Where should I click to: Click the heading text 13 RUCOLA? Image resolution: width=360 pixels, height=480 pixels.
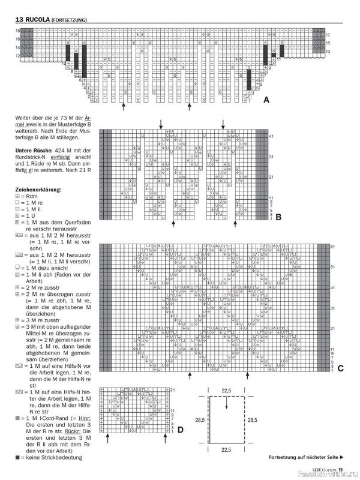tap(25, 20)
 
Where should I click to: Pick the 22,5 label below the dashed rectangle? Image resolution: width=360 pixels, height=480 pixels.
tap(226, 465)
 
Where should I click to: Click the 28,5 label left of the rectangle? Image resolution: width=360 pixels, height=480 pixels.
tap(200, 436)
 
